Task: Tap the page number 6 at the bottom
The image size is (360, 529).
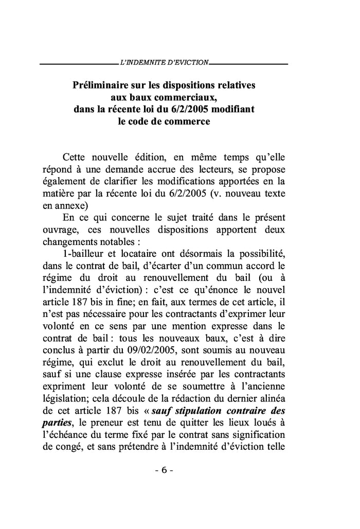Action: click(x=163, y=471)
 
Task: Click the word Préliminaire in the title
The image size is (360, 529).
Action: click(x=101, y=84)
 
